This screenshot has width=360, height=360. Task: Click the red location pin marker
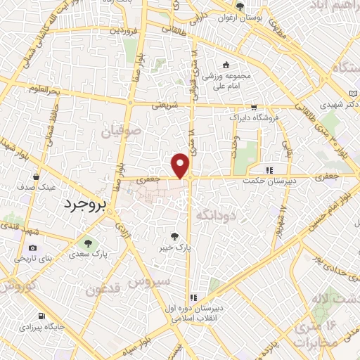pyautogui.click(x=181, y=166)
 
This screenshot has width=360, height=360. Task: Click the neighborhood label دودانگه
pyautogui.click(x=224, y=214)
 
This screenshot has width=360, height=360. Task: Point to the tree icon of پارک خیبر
pyautogui.click(x=175, y=236)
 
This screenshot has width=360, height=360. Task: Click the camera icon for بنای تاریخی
pyautogui.click(x=33, y=247)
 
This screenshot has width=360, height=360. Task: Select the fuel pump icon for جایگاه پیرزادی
pyautogui.click(x=44, y=316)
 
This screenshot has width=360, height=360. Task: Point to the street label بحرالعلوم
pyautogui.click(x=45, y=89)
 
